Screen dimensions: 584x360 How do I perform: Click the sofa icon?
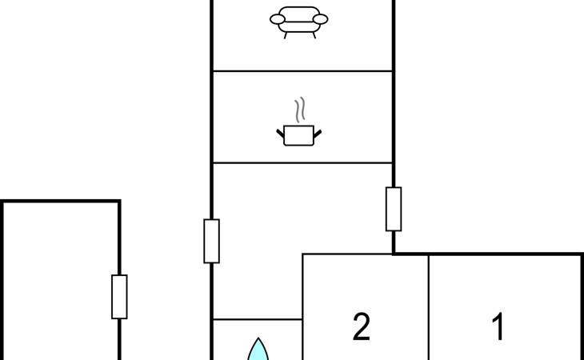pos(298,22)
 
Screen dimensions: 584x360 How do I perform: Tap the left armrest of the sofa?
pos(278,19)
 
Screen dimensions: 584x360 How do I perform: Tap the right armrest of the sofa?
pos(320,19)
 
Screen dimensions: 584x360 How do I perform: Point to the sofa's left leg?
pos(286,35)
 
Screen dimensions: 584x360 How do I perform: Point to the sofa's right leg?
pos(314,35)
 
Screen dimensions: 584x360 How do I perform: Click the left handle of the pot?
pos(280,134)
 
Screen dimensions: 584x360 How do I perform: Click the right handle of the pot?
pos(318,134)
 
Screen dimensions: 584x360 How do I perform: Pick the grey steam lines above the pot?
pos(300,110)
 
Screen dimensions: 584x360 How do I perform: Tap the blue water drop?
pos(258,350)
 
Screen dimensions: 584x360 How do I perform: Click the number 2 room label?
pos(362,326)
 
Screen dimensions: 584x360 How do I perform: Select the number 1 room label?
pos(498,326)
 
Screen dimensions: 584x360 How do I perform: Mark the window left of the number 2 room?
pos(211,242)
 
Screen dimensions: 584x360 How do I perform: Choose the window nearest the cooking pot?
pos(394,210)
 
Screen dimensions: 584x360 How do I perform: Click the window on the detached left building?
pos(119,297)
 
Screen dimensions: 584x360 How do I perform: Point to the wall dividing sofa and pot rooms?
pos(302,70)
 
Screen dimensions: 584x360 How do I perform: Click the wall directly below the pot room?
pos(302,163)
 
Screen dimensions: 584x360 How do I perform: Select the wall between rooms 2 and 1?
pos(429,307)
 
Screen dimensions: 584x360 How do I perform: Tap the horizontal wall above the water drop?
pos(258,319)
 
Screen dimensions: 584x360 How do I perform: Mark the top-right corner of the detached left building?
pos(119,202)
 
